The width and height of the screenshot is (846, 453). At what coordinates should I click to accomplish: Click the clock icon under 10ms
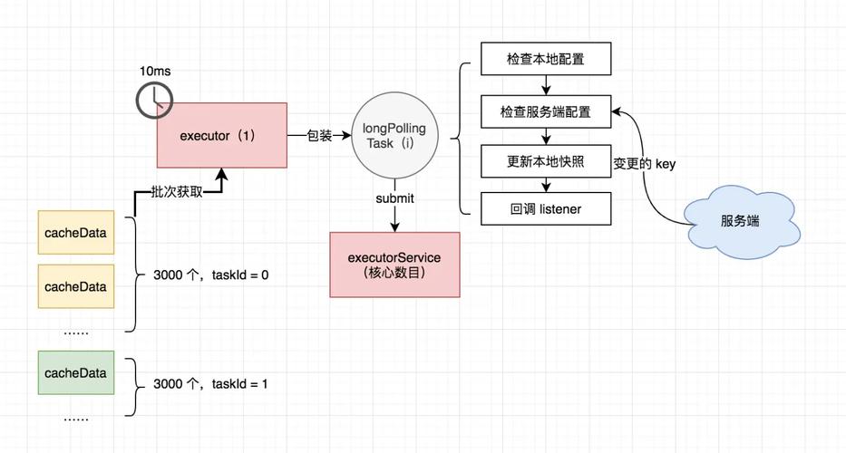point(154,101)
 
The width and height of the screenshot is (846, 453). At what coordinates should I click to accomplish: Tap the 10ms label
point(155,71)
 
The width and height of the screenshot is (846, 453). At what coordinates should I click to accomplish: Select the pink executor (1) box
point(221,135)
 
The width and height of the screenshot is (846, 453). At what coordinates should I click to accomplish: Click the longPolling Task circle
point(394,136)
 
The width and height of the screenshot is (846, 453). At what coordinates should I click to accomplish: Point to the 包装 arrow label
point(319,136)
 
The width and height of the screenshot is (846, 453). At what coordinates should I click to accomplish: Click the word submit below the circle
point(394,198)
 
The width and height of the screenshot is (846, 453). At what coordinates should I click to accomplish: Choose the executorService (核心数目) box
point(394,265)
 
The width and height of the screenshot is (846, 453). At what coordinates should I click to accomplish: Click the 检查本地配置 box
point(545,59)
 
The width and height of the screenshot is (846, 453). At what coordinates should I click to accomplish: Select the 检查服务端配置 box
point(545,111)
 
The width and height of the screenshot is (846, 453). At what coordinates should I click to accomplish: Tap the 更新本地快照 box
point(545,161)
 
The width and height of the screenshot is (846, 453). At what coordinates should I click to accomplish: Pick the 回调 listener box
point(545,208)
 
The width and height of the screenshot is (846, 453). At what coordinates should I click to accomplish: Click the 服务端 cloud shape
point(740,221)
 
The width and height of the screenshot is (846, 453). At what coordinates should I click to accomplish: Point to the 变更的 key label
point(644,164)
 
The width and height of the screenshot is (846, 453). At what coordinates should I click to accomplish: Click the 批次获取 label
point(176,193)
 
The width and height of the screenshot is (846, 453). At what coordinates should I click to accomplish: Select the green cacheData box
point(75,372)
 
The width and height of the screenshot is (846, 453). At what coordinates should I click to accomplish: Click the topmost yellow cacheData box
point(75,233)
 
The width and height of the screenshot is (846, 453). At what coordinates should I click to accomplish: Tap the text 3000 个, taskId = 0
point(210,275)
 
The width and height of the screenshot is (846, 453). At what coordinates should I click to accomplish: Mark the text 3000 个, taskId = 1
point(210,383)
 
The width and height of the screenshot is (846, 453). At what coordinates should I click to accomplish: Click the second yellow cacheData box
point(75,286)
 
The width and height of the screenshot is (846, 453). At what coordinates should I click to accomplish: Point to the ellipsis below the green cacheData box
point(75,418)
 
